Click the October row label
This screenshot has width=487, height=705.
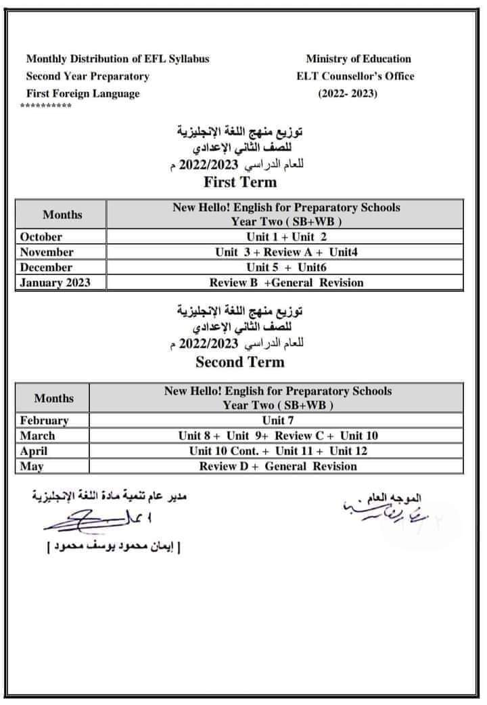pos(41,237)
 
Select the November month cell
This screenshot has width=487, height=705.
pos(47,252)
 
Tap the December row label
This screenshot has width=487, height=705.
pos(46,268)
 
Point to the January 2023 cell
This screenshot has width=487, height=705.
pos(55,282)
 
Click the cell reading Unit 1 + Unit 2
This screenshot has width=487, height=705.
pos(286,237)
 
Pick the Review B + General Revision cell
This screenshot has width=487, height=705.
pos(286,282)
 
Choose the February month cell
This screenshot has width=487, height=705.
pos(45,421)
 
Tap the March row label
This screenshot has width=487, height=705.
pos(38,435)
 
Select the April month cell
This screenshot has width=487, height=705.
pos(34,451)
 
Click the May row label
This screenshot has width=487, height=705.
pos(32,466)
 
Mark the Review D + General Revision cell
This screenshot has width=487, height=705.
pos(278,466)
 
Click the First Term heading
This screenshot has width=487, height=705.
pos(240,181)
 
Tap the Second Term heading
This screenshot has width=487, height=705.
pos(240,362)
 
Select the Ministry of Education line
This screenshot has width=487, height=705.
pos(358,59)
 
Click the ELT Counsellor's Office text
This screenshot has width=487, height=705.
pos(355,76)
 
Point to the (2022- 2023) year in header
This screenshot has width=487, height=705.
pos(348,93)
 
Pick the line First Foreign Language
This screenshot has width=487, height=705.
pos(83,93)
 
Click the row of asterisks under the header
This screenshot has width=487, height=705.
pos(46,107)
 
